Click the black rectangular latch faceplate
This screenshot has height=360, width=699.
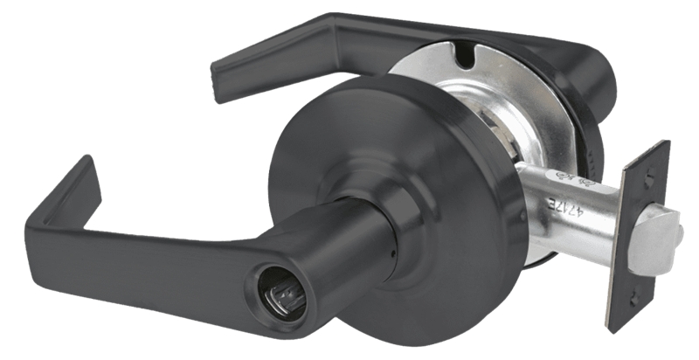click(x=638, y=236)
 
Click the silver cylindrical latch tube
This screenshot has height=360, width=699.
click(x=559, y=210)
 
